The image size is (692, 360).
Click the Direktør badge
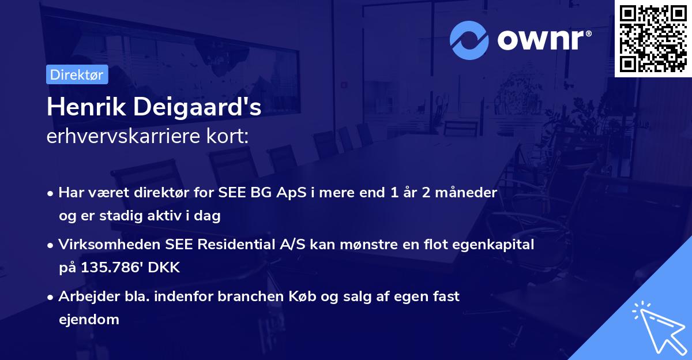[77, 74]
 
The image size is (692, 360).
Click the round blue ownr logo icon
[469, 40]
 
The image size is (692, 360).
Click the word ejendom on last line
[89, 320]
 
